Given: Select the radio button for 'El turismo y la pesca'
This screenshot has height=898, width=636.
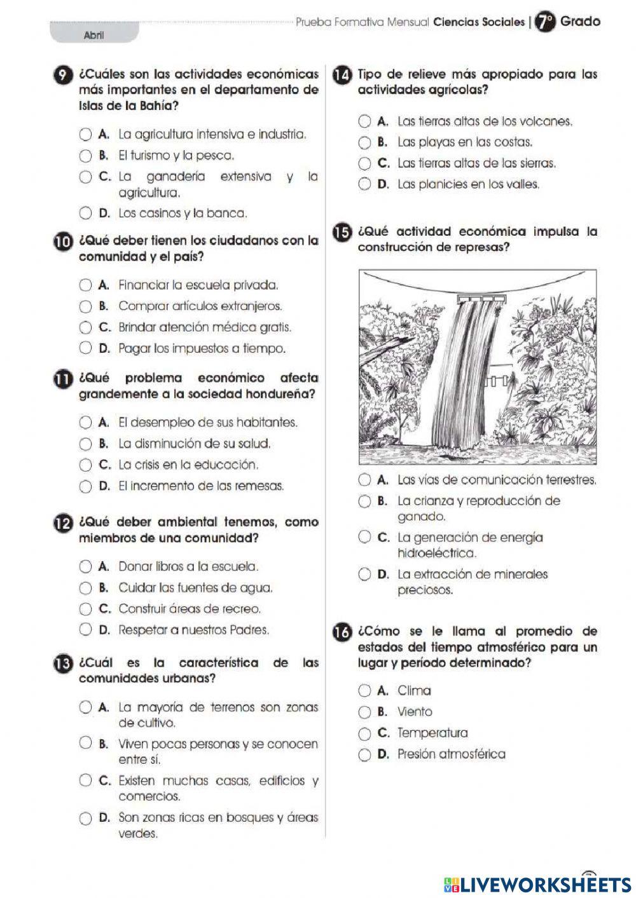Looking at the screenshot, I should pos(85,156).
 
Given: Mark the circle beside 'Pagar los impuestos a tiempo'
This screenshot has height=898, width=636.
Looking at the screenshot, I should pos(85,348).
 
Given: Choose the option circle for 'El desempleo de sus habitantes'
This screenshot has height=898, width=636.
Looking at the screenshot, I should pos(85,423).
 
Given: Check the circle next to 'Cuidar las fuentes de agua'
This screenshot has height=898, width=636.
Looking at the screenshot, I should pos(85,588).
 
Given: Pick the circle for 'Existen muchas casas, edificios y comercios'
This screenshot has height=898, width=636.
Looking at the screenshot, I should pos(85,780).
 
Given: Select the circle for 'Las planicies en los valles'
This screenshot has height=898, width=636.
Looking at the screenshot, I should pos(364,184).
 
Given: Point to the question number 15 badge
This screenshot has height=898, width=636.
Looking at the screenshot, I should pos(342,233).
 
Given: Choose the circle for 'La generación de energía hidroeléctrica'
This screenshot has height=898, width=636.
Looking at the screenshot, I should pos(364,538).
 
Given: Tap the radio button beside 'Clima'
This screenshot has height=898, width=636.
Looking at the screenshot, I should pos(364,691).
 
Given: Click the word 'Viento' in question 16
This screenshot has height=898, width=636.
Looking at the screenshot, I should pos(415,712).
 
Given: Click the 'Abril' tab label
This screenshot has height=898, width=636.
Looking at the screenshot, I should pos(93,36).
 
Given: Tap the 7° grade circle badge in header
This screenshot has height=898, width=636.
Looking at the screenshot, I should pos(544,22).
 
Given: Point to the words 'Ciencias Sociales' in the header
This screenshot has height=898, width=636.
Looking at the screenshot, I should pos(478,22).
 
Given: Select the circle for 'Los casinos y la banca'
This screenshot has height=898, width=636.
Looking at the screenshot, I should pos(85,214).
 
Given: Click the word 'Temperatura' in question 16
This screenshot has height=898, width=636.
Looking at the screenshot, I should pos(432,733).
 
